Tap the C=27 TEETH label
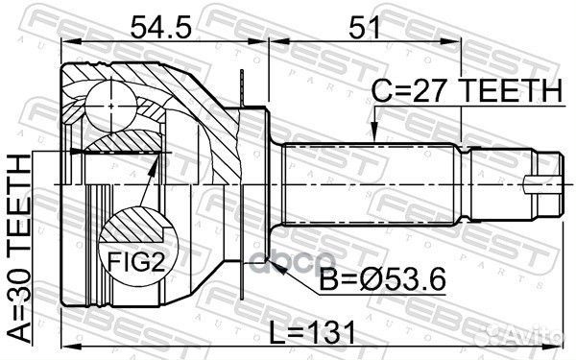pyautogui.click(x=467, y=91)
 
